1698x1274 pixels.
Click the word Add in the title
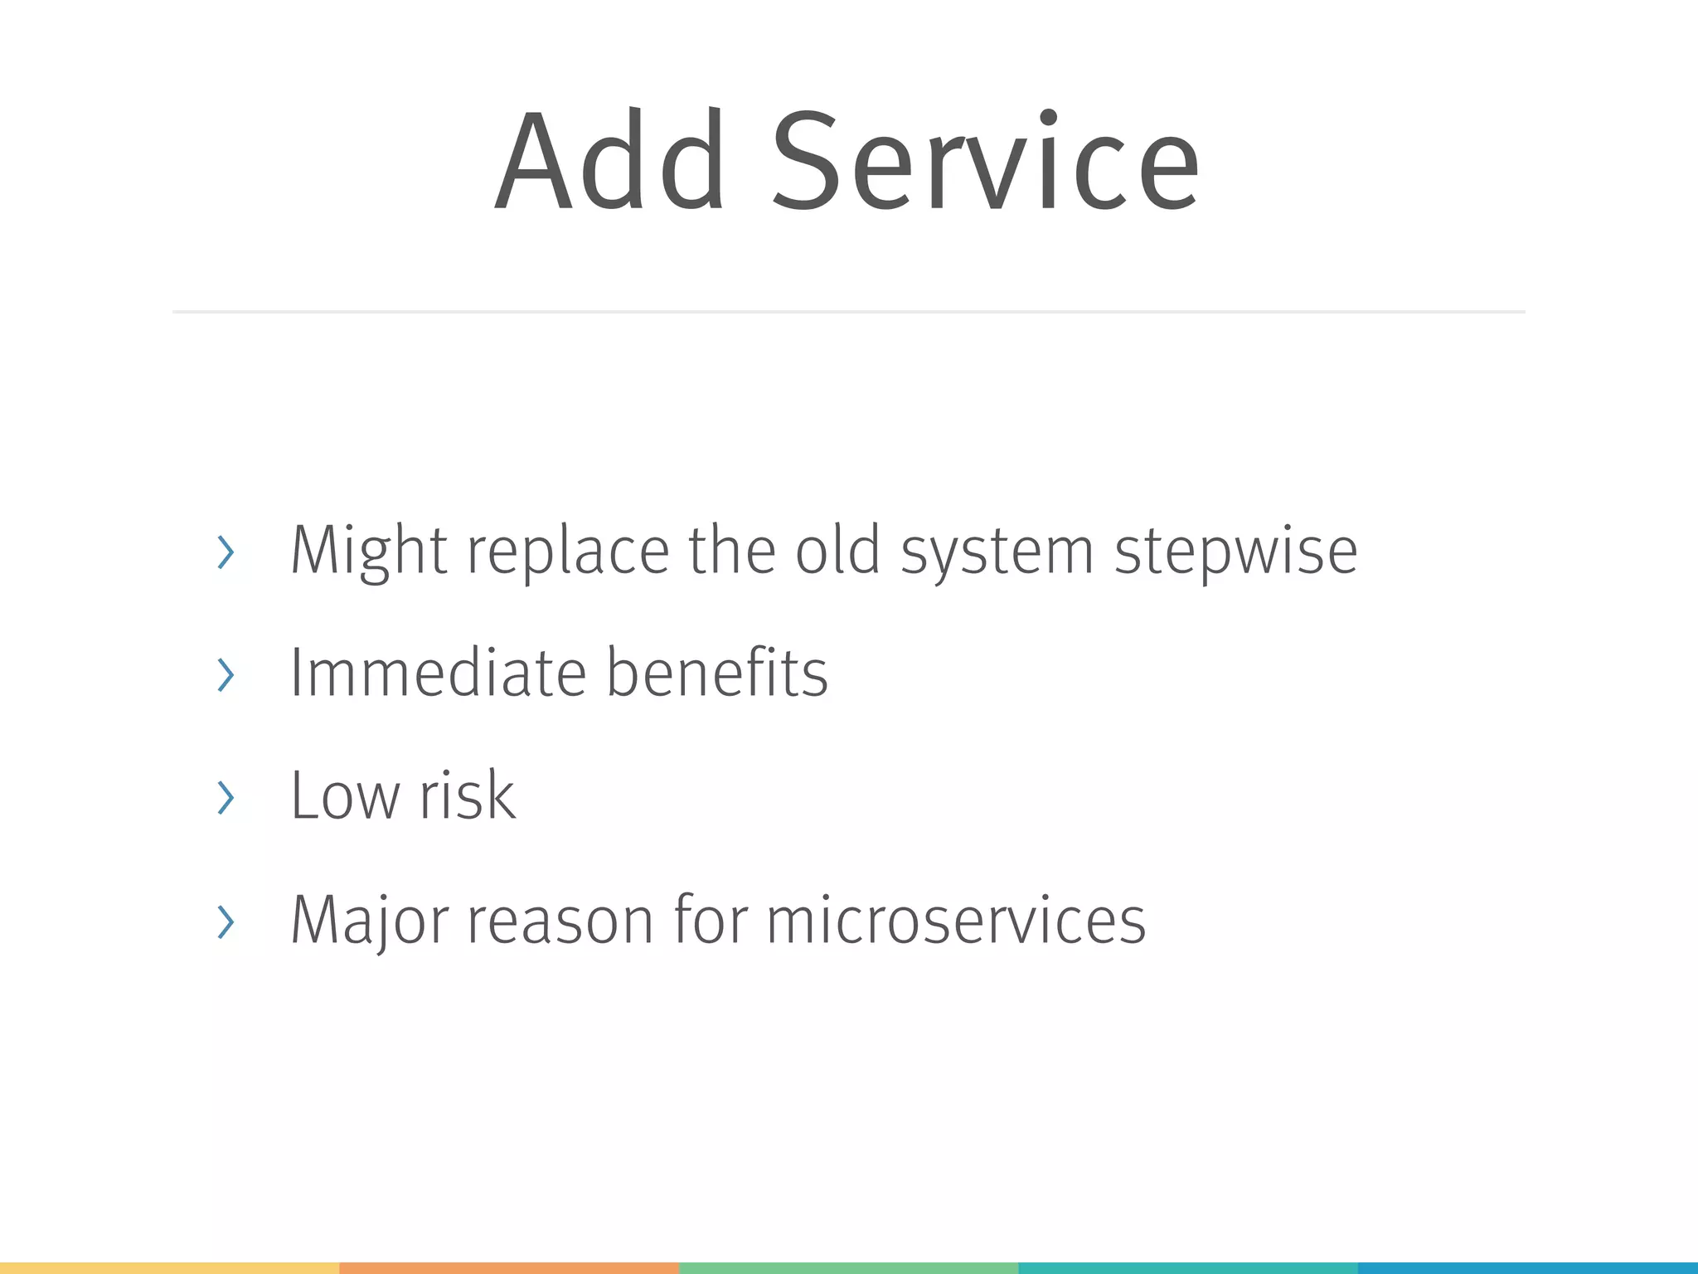611,162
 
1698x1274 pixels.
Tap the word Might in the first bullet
369,552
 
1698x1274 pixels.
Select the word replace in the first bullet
568,552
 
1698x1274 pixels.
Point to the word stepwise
1235,552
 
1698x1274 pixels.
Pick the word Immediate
439,673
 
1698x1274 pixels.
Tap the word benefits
717,673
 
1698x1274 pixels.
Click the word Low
344,796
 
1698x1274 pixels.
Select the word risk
468,796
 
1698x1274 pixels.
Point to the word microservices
956,921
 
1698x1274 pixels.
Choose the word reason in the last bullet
560,921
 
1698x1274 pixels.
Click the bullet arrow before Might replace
226,552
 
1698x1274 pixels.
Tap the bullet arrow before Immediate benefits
226,674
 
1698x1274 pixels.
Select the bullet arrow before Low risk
226,797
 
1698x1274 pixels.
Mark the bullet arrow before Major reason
226,921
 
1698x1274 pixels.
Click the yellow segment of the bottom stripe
169,1268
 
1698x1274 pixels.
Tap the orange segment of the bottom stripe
509,1268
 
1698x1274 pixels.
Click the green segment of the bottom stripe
848,1268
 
